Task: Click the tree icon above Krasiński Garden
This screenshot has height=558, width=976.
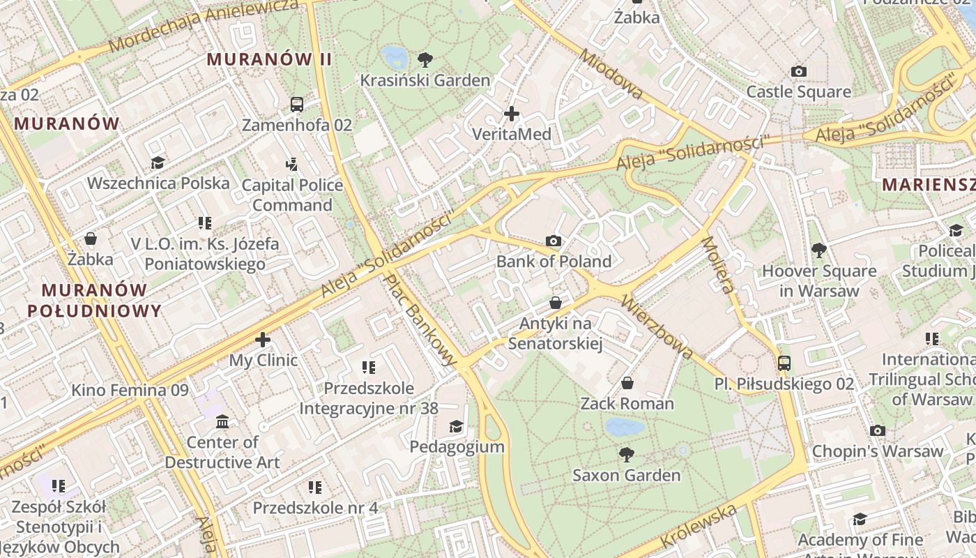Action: [x=424, y=60]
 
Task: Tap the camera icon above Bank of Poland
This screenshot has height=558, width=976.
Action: [x=554, y=241]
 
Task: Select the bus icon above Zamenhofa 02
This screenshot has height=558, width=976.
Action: [x=297, y=105]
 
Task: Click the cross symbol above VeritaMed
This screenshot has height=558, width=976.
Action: [x=512, y=113]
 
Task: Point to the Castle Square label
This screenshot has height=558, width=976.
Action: [x=798, y=92]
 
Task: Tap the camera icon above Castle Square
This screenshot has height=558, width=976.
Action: [x=799, y=71]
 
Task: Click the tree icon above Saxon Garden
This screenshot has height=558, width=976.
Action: [x=627, y=455]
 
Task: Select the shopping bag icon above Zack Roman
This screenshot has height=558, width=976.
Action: [x=627, y=383]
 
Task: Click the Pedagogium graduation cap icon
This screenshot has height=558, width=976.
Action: [x=456, y=426]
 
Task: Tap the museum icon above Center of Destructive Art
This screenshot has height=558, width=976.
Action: [x=222, y=422]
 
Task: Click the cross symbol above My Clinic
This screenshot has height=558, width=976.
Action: [x=263, y=340]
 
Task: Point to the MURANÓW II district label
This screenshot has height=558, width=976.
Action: [x=269, y=59]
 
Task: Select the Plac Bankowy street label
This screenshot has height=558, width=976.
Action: [x=421, y=318]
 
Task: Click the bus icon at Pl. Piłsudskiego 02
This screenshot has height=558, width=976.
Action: [x=784, y=363]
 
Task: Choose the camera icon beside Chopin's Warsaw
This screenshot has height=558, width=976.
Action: [x=878, y=431]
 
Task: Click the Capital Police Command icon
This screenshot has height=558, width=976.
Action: [x=292, y=165]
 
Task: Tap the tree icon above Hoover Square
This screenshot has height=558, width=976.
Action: [x=819, y=250]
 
